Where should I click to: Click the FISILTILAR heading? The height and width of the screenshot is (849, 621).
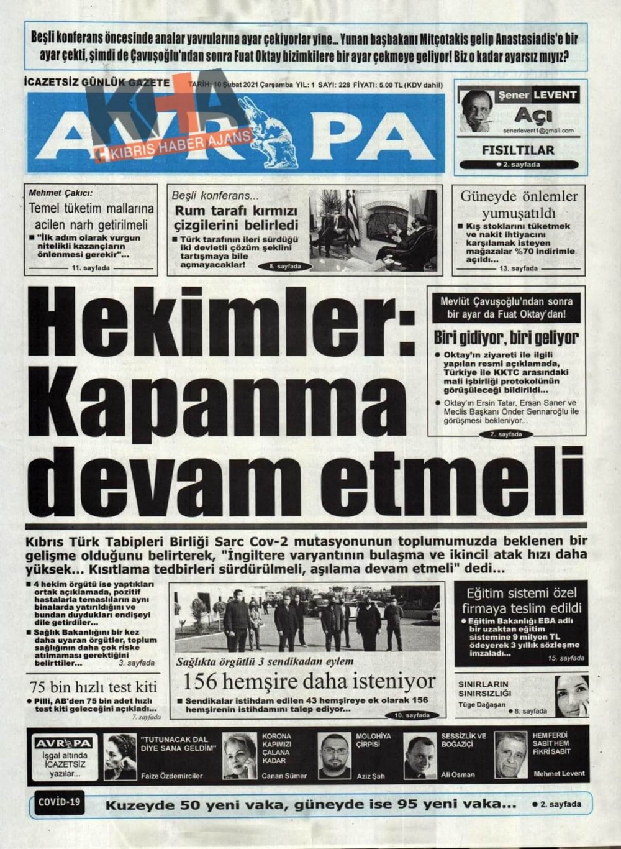coord(518,150)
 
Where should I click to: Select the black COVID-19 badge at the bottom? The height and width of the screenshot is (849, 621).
coord(59,802)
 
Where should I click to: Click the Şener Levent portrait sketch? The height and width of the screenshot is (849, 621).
coord(476,110)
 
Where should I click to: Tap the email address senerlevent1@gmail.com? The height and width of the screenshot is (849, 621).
coord(538,131)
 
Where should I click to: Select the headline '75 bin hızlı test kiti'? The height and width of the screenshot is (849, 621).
coord(93,687)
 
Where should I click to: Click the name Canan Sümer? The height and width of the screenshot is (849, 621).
coord(284,776)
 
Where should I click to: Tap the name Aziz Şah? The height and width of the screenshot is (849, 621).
coord(371,776)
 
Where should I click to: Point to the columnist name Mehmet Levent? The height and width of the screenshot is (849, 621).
coord(559,774)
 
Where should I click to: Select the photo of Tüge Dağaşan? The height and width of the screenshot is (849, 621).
coord(571,695)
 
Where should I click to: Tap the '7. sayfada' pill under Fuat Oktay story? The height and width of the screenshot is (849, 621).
coord(506,434)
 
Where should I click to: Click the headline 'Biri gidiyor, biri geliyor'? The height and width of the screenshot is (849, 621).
coord(506,338)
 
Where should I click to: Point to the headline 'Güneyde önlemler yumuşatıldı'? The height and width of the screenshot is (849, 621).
coord(519,204)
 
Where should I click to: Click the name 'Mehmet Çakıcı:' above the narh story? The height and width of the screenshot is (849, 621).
coord(61,193)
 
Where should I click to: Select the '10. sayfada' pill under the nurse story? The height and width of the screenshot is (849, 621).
coord(412,715)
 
